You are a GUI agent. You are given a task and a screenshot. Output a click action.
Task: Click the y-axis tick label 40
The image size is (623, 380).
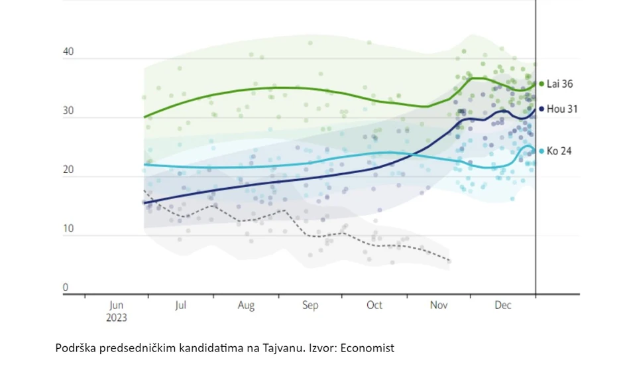tap(68, 52)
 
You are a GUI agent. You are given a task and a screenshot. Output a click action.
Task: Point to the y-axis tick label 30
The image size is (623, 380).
tap(68, 112)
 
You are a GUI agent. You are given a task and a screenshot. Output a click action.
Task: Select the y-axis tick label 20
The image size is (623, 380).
tap(68, 170)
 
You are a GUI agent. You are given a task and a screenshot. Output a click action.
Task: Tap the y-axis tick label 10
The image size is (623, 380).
tap(68, 229)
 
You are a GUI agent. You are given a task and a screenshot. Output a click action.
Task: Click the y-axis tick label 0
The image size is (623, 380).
tap(66, 288)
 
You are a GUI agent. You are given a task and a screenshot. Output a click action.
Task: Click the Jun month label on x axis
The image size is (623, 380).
tap(116, 306)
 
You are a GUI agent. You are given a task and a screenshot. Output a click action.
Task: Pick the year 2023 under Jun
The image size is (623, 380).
tap(116, 317)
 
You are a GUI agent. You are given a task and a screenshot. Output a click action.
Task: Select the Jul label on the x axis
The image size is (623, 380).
tap(180, 306)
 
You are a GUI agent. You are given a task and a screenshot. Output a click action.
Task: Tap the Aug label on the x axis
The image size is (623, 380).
tap(246, 306)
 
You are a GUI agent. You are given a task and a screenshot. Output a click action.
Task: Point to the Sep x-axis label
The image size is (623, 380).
tap(310, 306)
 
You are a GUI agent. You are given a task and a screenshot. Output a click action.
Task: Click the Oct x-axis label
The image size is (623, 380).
tap(374, 306)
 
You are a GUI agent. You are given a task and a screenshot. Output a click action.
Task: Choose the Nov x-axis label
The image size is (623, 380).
tap(439, 306)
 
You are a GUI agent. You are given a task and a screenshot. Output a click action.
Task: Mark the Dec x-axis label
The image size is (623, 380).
tap(504, 306)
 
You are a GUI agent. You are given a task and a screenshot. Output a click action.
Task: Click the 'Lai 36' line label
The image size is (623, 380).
tap(560, 84)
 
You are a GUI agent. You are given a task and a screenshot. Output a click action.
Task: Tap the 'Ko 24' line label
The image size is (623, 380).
tap(559, 151)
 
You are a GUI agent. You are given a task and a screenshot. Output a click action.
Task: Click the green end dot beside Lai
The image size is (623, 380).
tap(541, 84)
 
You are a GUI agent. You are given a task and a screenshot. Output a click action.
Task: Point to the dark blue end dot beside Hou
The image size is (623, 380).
tap(541, 109)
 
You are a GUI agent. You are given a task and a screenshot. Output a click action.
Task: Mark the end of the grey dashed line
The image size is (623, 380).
tap(450, 261)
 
